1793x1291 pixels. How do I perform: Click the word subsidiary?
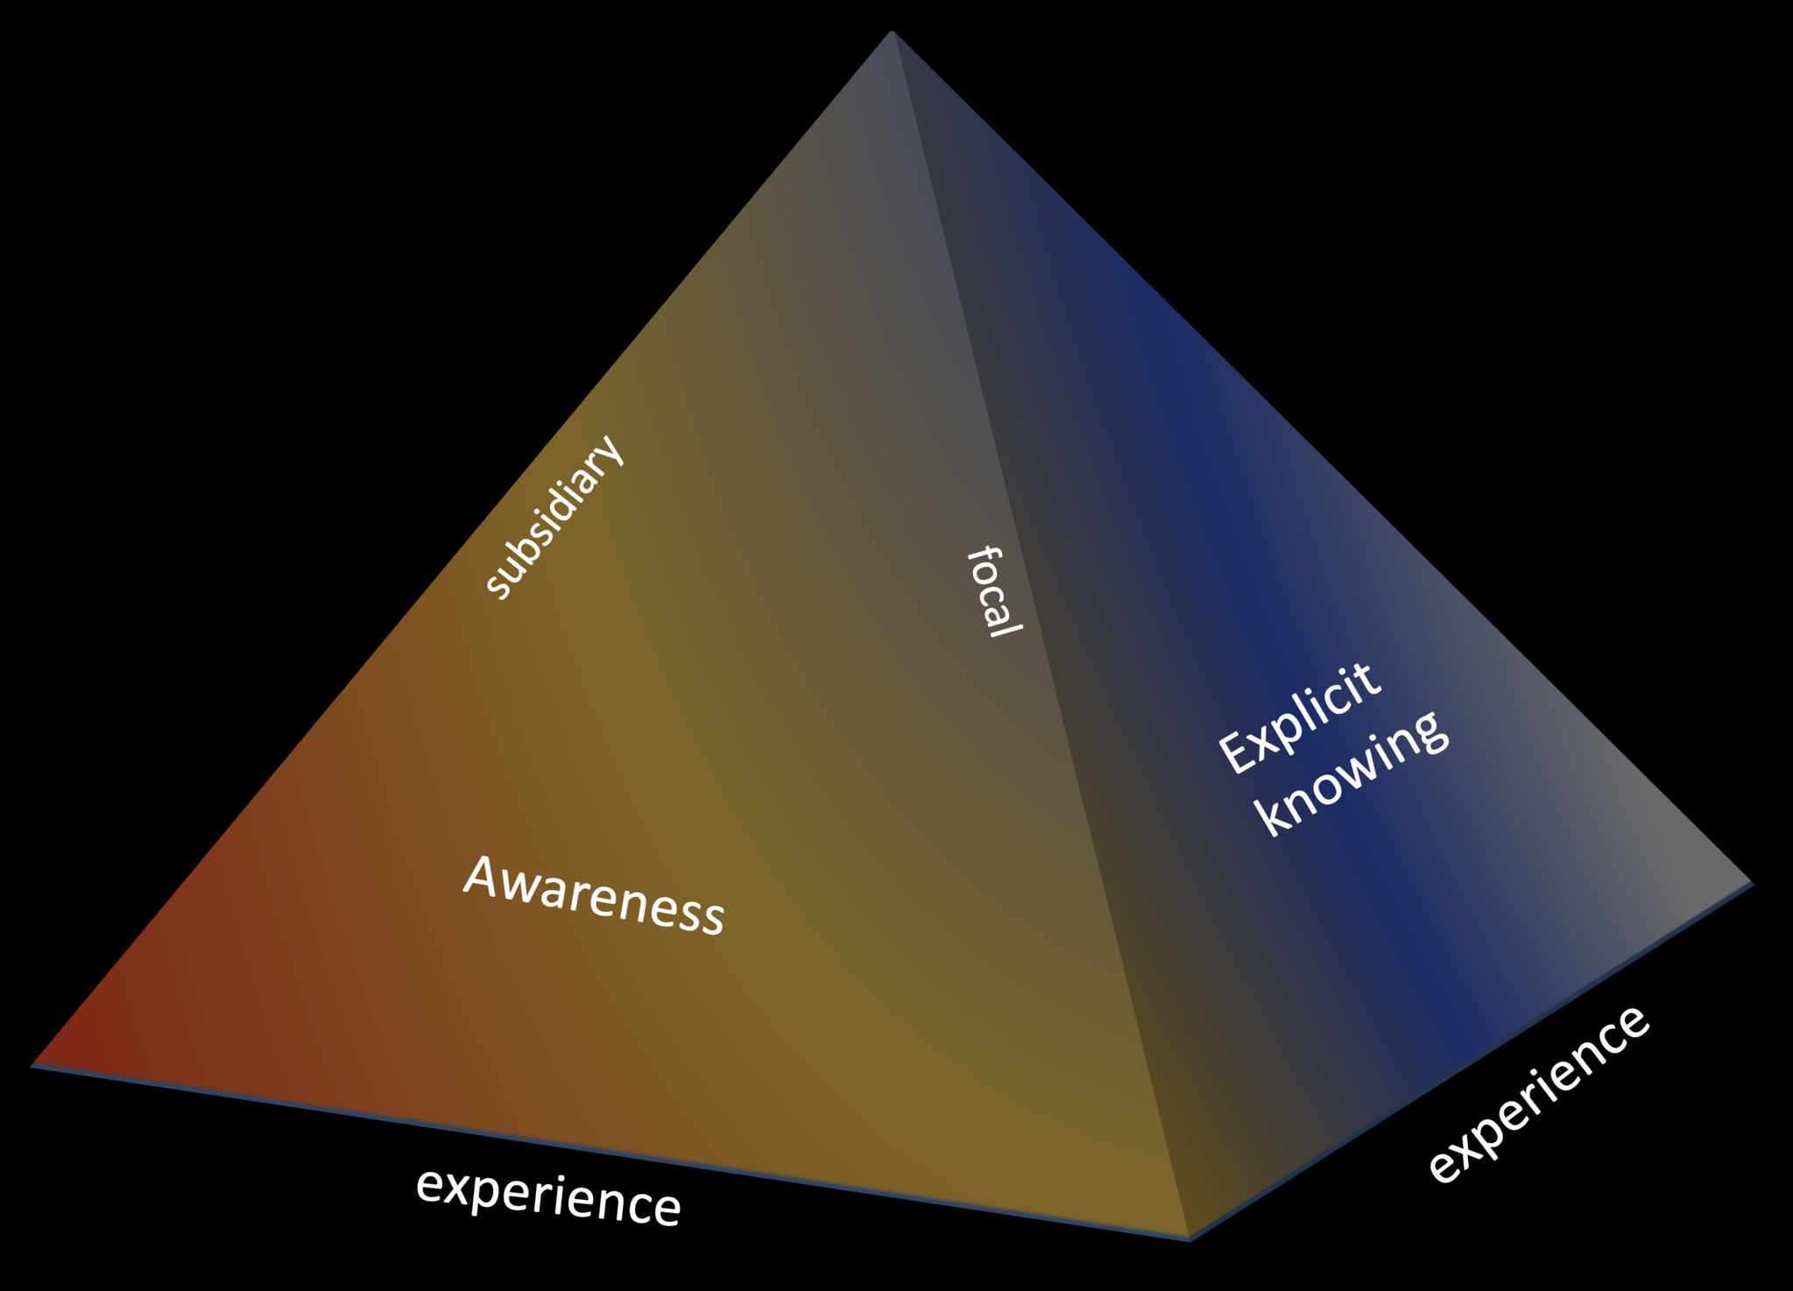[555, 518]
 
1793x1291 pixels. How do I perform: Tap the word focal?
[994, 592]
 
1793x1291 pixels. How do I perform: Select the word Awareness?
[594, 895]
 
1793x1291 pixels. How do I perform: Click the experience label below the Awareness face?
[548, 1197]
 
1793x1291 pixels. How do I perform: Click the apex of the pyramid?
[892, 32]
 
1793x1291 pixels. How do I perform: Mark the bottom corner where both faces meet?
[1189, 1238]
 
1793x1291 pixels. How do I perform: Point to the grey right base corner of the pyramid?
[1752, 883]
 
